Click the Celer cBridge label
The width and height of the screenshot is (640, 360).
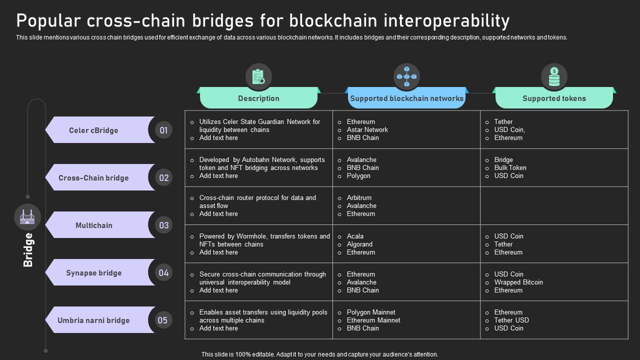point(93,130)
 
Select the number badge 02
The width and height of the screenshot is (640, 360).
point(163,178)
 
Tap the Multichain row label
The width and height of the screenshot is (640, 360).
point(94,225)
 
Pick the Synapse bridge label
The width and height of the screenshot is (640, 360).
point(94,273)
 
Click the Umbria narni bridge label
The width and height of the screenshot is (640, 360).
point(93,320)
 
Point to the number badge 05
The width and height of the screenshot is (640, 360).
point(163,320)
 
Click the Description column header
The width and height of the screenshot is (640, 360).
point(258,98)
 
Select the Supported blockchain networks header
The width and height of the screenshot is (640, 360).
point(406,98)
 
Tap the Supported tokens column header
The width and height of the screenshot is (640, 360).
point(554,98)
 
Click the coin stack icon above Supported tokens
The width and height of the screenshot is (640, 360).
point(554,77)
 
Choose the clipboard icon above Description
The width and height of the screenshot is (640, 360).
point(258,77)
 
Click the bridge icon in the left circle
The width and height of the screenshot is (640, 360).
point(27,217)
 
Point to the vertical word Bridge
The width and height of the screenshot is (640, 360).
point(28,250)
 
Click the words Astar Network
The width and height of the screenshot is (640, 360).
point(367,129)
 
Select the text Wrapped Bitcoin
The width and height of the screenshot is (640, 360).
point(518,282)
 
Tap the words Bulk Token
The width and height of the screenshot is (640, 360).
point(510,167)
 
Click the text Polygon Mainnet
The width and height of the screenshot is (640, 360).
point(371,312)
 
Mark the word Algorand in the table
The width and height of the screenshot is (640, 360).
point(359,244)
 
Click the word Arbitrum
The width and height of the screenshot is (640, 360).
point(359,197)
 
